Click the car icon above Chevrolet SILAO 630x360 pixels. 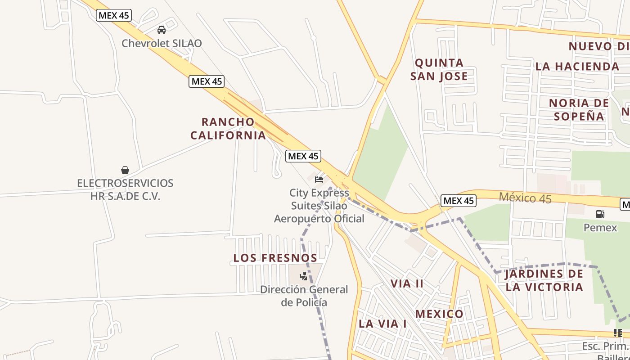coord(162,30)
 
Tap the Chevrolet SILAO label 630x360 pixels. coord(162,44)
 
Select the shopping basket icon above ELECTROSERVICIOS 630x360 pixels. coord(125,170)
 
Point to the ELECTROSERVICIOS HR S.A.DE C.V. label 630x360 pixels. coord(125,189)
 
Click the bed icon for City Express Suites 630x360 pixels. coord(319,180)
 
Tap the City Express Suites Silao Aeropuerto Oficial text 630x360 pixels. coord(319,206)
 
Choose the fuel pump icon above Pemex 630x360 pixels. coord(600,214)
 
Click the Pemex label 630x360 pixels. coord(600,227)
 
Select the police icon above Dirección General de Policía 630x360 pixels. coord(304,276)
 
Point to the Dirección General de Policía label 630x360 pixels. coord(304,296)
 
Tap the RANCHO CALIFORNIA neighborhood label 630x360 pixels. coord(228,128)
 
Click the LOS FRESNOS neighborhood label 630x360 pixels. coord(275,258)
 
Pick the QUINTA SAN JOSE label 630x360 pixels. coord(439,69)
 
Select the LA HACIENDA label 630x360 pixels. coord(577,66)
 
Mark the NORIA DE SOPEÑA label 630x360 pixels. coord(579,109)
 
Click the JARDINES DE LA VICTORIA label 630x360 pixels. coord(544,280)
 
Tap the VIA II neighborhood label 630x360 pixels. coord(407,283)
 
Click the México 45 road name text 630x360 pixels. coord(525,198)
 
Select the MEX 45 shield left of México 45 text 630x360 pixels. coord(458,201)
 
